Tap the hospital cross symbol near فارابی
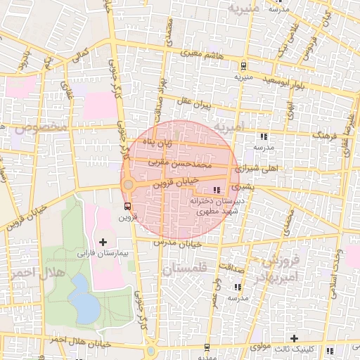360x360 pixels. pos(103,241)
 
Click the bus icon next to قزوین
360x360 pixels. pos(127,206)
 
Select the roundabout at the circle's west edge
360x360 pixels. pos(128,186)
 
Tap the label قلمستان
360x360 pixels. pos(184,269)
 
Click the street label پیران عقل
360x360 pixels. pos(194,104)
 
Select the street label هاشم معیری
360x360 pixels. pos(204,53)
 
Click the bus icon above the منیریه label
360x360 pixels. pos(243,67)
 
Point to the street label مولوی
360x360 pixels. pos(262,347)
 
